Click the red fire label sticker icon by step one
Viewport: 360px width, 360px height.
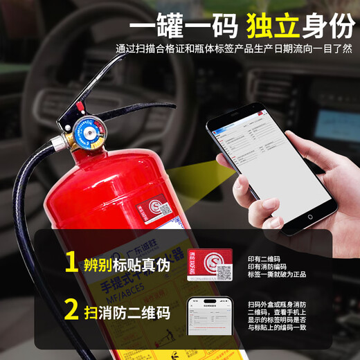pos(210,264)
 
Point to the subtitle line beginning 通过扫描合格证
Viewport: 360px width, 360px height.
pos(234,50)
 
